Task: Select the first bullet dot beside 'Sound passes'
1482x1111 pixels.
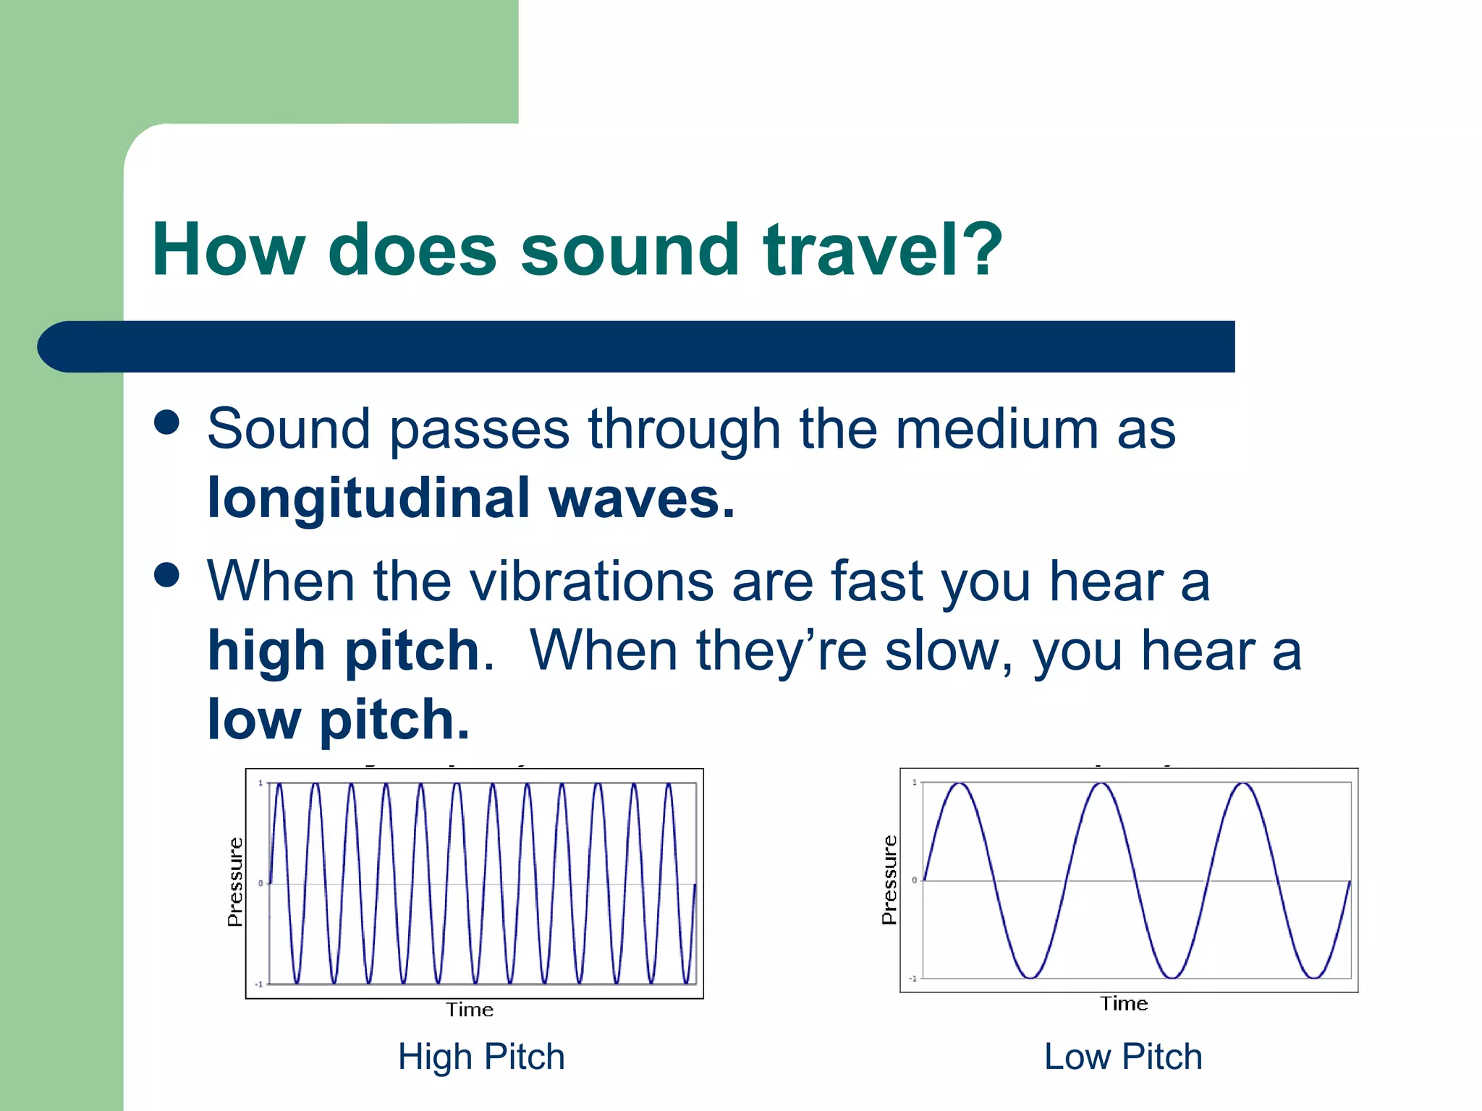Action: click(166, 422)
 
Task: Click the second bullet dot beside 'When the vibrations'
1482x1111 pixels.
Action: click(166, 576)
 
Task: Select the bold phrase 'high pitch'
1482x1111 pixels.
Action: click(344, 651)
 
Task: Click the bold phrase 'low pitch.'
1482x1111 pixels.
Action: click(339, 720)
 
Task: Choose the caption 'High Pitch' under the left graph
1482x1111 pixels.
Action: click(481, 1057)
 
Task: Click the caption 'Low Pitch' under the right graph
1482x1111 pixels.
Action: click(1123, 1057)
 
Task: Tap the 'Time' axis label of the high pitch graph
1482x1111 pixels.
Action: click(470, 1010)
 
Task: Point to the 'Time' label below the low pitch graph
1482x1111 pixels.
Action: click(1124, 1004)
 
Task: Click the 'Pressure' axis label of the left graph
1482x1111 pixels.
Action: click(234, 882)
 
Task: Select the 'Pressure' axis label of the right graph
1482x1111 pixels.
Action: click(889, 880)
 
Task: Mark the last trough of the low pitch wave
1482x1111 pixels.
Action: click(1313, 978)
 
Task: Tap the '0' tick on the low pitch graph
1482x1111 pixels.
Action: click(915, 880)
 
